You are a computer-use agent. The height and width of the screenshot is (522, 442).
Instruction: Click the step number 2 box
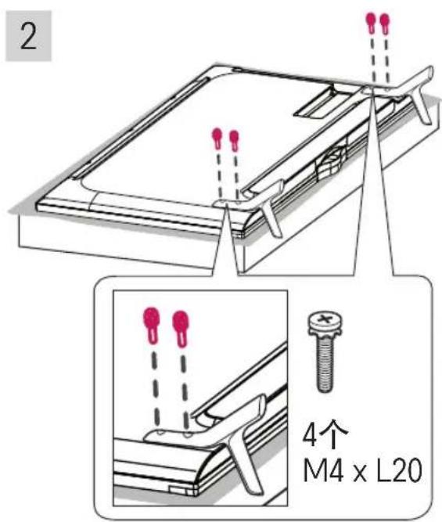[x=28, y=38]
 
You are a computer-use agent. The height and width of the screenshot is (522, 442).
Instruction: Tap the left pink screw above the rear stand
[x=370, y=22]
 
